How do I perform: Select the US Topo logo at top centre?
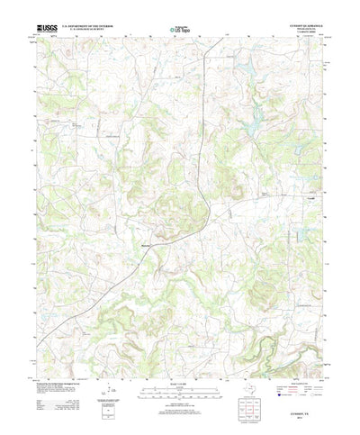tap(179, 31)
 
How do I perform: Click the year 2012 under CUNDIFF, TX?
tap(306, 408)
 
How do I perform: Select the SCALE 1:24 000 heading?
tap(179, 362)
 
